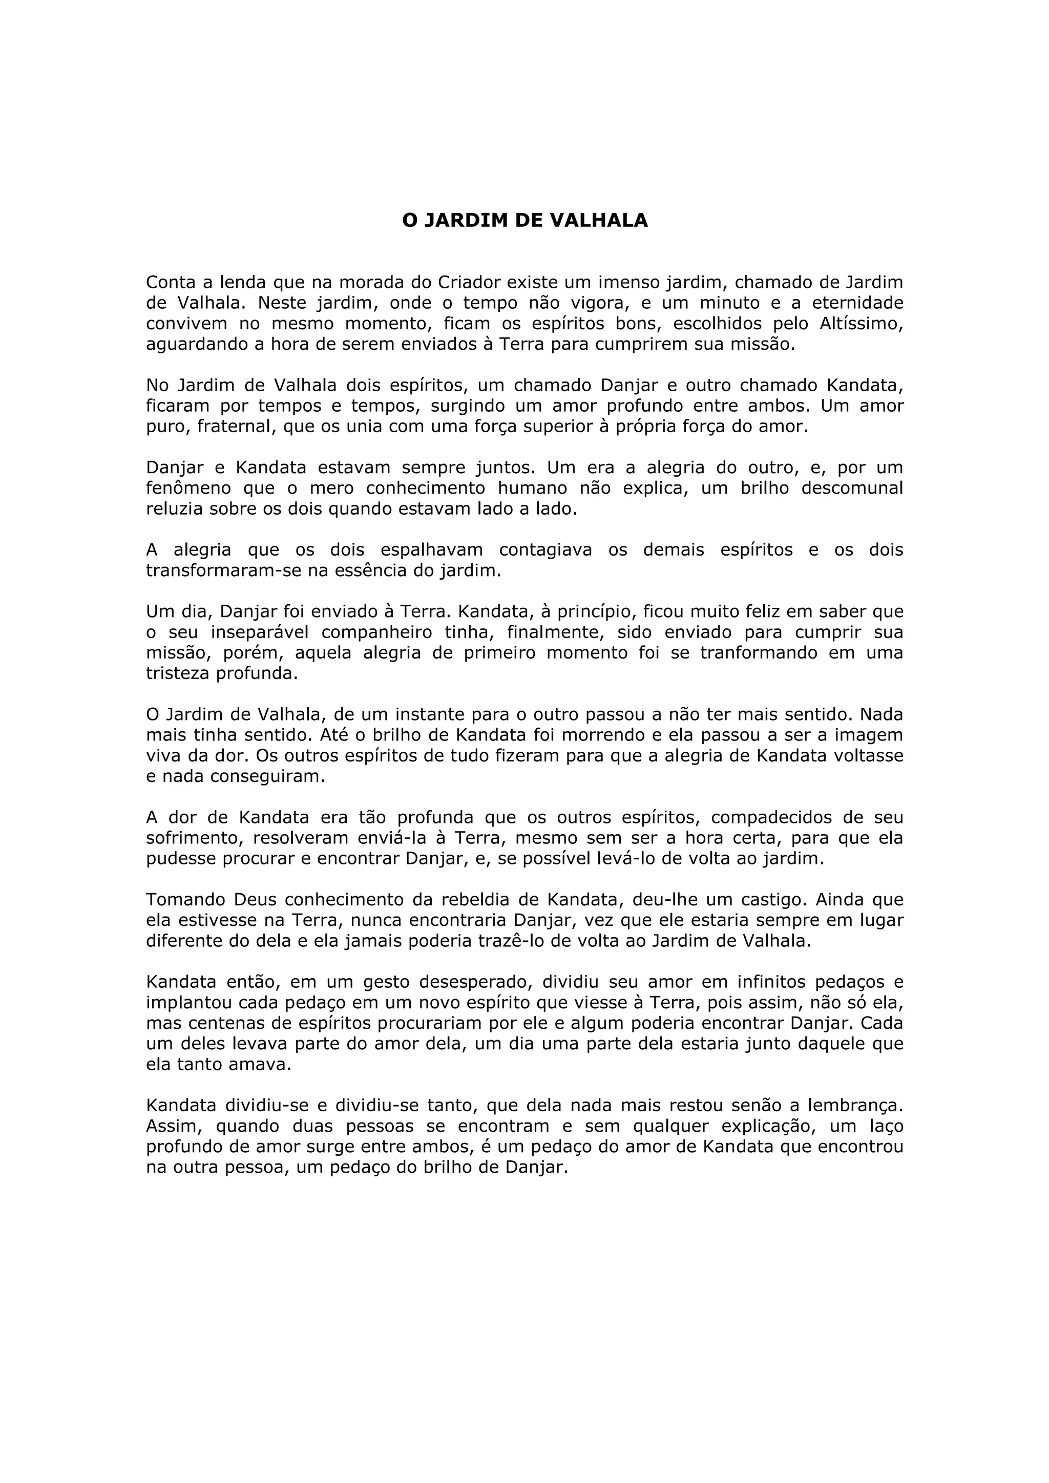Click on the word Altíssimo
click(865, 324)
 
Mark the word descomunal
click(852, 489)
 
